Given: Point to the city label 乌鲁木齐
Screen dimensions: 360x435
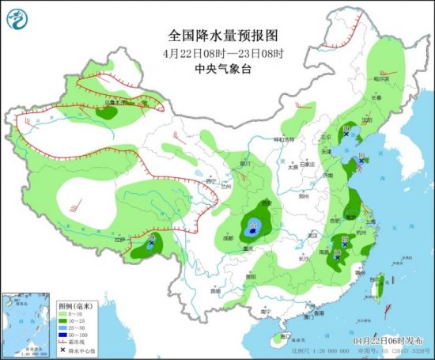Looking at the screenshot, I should (115, 102).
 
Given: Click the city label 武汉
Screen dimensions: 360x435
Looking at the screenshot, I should (313, 235).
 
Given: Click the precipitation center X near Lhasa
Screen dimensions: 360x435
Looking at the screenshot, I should (150, 244).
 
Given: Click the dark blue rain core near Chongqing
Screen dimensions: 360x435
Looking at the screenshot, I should (254, 229).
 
